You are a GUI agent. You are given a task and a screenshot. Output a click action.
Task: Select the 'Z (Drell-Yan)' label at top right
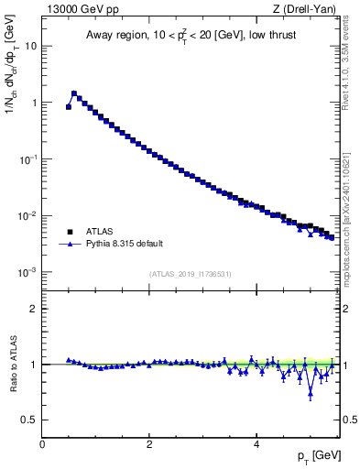click(x=307, y=8)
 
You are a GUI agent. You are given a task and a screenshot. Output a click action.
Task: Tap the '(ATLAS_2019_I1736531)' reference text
click(x=190, y=274)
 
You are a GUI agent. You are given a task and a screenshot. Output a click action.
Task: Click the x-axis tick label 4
click(x=256, y=444)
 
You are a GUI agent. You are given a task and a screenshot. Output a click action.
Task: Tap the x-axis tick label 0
click(x=42, y=444)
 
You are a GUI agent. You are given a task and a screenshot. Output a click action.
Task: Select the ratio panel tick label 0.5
click(x=28, y=420)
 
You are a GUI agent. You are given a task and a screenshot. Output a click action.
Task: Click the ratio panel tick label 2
click(x=32, y=309)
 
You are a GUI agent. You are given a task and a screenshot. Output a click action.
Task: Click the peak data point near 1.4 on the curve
click(x=74, y=93)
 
